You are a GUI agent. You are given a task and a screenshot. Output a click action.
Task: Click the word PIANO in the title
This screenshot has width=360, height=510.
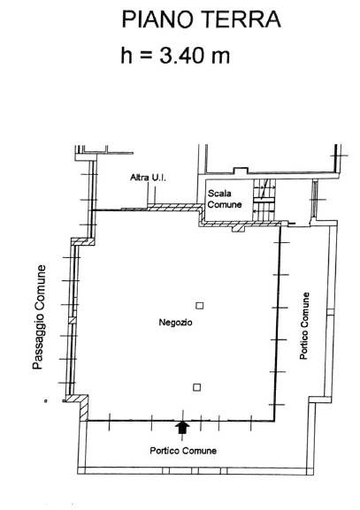pos(157,19)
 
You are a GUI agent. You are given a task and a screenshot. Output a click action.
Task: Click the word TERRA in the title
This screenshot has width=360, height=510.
pos(241,19)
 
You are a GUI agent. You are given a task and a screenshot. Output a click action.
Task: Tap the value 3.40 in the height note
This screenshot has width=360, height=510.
pos(181,55)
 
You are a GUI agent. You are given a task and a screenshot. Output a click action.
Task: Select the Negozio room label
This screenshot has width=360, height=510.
pos(175,323)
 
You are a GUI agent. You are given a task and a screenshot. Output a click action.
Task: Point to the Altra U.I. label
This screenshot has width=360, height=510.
pos(148,178)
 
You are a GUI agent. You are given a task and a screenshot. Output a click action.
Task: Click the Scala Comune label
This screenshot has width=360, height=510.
pos(225,199)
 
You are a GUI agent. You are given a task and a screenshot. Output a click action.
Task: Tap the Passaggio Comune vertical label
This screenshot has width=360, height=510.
pos(38,317)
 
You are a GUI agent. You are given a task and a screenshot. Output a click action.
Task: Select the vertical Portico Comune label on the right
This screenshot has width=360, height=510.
pos(304,326)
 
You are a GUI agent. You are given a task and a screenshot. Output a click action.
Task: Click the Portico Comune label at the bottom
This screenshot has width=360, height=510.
pos(183,451)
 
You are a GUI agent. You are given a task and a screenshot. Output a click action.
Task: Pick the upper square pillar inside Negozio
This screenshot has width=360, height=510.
pos(200,306)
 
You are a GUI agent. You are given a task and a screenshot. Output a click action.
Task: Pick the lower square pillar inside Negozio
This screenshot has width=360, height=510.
pos(196,387)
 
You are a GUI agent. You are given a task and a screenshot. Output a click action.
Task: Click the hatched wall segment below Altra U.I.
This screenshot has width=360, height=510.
pos(174,208)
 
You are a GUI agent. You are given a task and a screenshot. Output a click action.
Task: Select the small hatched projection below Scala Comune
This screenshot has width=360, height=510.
pos(238,228)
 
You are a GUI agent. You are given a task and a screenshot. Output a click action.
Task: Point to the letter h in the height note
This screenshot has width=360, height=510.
pos(126,56)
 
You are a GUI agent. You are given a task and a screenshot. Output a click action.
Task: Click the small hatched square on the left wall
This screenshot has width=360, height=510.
pos(73,320)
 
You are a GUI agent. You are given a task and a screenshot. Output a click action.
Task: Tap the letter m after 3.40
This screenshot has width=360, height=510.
pos(220,57)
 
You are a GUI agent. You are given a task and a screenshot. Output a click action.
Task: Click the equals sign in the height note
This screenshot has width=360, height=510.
pos(146,56)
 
